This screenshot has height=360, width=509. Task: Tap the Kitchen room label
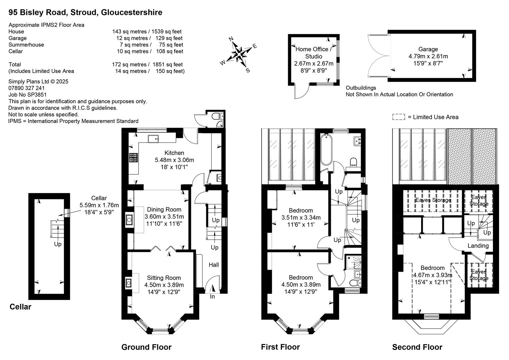pos(174,153)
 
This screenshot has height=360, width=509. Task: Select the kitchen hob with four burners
pos(134,158)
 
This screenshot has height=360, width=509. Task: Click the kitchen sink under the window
pos(153,139)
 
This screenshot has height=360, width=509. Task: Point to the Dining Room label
pos(164,209)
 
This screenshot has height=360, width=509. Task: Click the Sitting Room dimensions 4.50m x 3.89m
pos(164,285)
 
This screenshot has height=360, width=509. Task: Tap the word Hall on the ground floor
pos(214,265)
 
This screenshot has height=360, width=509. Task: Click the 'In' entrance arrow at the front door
pos(213,289)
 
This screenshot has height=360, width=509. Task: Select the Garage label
pos(428,49)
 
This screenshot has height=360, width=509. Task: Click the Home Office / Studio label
pos(313,53)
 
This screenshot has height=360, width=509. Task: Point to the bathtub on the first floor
pos(326,149)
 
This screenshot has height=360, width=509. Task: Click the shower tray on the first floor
pos(353,262)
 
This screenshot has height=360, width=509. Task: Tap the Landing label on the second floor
pos(478,246)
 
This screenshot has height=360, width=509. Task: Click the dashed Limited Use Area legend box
pos(398,117)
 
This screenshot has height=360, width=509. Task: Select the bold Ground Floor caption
pos(146,347)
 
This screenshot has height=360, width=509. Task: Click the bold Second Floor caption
pos(417,347)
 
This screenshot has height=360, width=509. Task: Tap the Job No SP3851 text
pos(28,95)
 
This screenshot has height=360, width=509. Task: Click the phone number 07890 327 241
pos(27,88)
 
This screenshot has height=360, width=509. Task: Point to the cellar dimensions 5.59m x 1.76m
pos(99,205)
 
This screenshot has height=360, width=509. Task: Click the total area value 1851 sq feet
pos(168,65)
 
